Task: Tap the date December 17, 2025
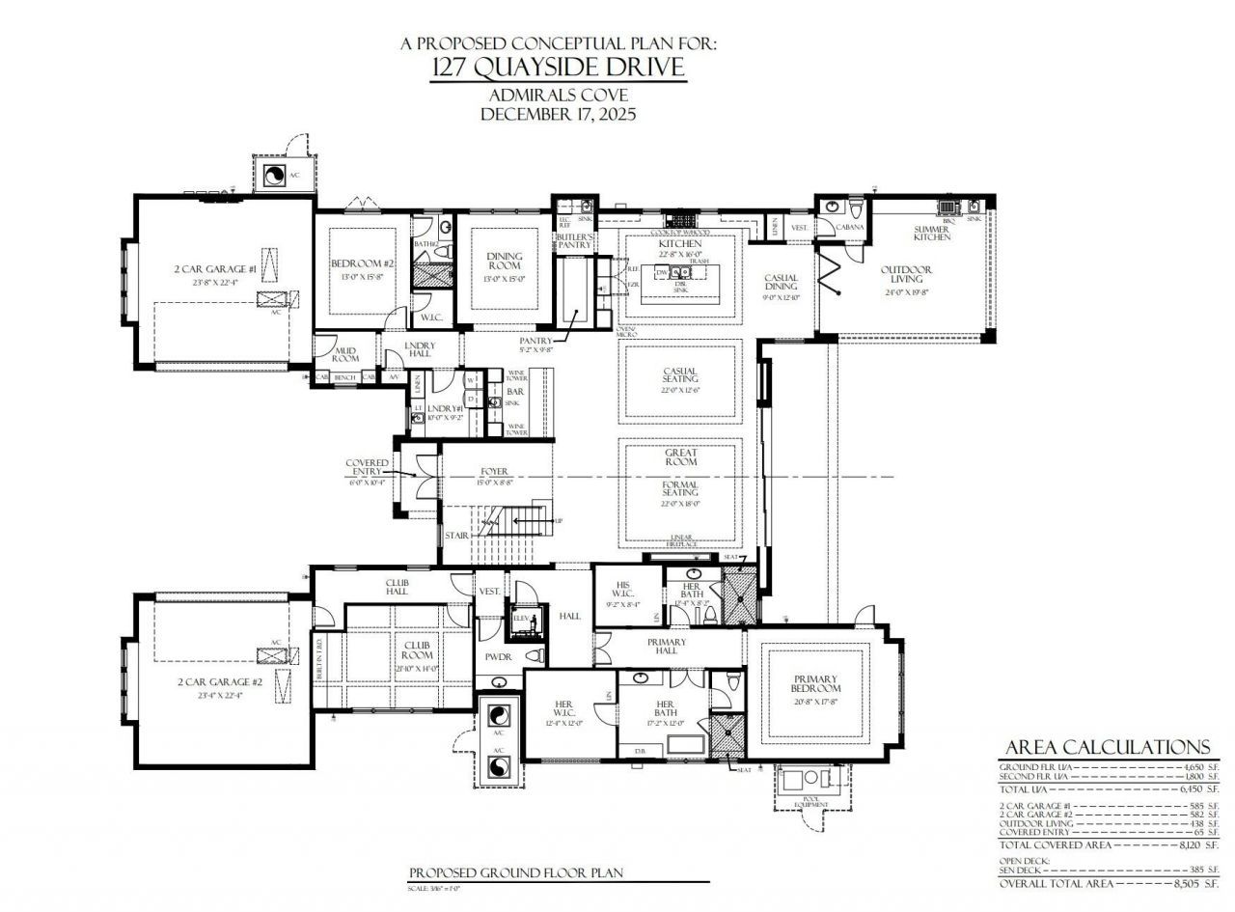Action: tap(559, 114)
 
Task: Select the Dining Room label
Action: tap(504, 262)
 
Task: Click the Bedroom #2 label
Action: tap(363, 263)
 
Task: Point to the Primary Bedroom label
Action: tap(816, 683)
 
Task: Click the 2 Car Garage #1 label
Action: tap(215, 269)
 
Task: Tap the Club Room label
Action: tap(416, 650)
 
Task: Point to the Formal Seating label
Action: tap(680, 489)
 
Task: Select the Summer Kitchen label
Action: tap(931, 233)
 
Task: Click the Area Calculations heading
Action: tap(1107, 747)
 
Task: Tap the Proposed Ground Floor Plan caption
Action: tap(515, 872)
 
